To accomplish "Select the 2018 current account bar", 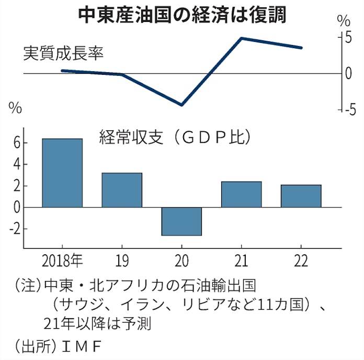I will tap(62, 173).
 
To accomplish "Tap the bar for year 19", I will tap(122, 190).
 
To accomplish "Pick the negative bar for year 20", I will tap(181, 221).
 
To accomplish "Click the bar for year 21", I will tap(241, 194).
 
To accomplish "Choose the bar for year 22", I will tap(301, 196).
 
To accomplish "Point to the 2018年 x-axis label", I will tap(62, 261).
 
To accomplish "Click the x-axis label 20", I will tap(181, 261).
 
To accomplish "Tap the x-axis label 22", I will tap(301, 261).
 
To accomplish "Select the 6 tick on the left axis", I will tap(16, 143).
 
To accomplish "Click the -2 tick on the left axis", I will tap(14, 229).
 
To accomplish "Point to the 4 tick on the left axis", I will tap(16, 164).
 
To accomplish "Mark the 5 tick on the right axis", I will tap(347, 37).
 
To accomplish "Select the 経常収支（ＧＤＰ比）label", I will tap(176, 138).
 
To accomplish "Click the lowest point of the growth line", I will tap(181, 105).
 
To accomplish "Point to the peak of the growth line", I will tap(241, 38).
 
